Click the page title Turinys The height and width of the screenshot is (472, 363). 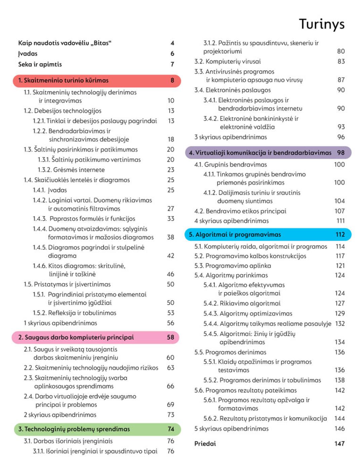(321, 24)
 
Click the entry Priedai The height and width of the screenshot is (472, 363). (205, 443)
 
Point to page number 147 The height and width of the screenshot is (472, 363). (339, 443)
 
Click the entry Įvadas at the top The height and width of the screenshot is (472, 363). (28, 53)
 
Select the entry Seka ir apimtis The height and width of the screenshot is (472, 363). (40, 64)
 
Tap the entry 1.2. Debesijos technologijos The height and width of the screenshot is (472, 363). (63, 111)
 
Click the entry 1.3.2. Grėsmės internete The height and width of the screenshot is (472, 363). (71, 170)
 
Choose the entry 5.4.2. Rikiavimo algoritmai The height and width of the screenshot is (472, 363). (242, 303)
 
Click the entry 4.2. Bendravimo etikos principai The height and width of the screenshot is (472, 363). (240, 211)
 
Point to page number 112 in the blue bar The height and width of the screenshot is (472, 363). (340, 234)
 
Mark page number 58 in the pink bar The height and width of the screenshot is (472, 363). (171, 337)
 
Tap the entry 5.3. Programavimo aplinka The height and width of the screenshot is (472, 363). (233, 266)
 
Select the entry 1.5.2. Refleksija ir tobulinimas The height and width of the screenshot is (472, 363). (75, 313)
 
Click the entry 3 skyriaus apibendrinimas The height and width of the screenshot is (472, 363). (231, 137)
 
